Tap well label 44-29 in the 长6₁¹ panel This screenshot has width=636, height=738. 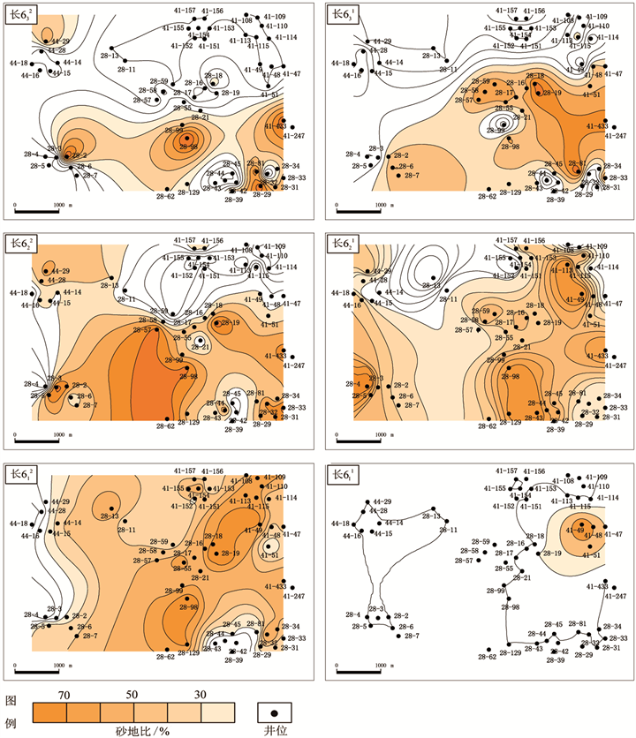(x=381, y=501)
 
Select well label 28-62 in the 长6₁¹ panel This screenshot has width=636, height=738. (x=486, y=656)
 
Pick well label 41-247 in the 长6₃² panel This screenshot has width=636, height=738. (x=292, y=135)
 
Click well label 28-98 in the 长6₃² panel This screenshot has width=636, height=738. (x=187, y=147)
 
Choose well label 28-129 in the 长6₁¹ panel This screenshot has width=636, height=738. (x=511, y=652)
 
